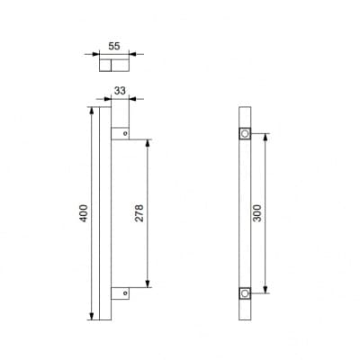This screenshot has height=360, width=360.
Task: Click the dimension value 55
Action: pyautogui.click(x=114, y=46)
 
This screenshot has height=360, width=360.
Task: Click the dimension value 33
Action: pyautogui.click(x=120, y=91)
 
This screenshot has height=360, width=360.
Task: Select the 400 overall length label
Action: pyautogui.click(x=84, y=213)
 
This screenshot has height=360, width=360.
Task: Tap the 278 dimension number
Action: pyautogui.click(x=139, y=213)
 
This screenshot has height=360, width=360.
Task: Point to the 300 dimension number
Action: pyautogui.click(x=256, y=213)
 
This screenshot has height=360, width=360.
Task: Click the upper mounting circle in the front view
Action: pyautogui.click(x=245, y=133)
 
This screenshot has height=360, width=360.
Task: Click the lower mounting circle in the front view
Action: pyautogui.click(x=245, y=292)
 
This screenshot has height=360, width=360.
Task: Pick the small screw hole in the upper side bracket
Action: pyautogui.click(x=126, y=133)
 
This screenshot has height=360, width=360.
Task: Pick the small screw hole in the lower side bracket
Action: pyautogui.click(x=126, y=292)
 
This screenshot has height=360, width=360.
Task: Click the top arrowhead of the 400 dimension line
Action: pyautogui.click(x=92, y=111)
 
